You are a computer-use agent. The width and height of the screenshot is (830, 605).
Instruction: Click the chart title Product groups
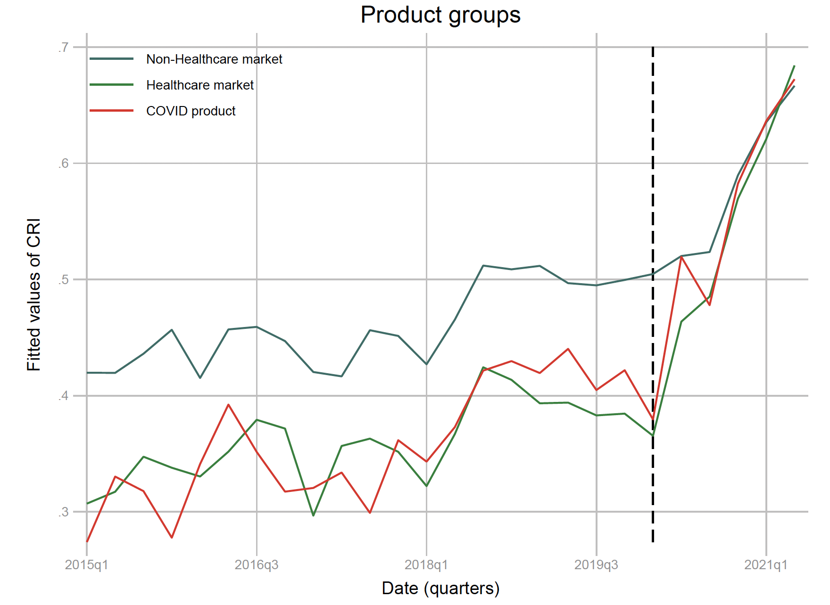coord(440,15)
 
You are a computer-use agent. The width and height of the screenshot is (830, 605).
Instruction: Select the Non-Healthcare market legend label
coord(214,59)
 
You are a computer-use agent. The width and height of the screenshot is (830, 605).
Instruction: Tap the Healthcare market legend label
coord(200,85)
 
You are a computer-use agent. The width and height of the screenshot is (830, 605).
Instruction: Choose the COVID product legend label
coord(191,111)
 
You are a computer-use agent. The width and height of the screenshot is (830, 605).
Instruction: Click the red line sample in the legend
coord(112,111)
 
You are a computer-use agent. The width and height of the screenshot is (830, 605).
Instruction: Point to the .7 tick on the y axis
coord(64,47)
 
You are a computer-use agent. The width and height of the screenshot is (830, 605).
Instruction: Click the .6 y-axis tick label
coord(64,164)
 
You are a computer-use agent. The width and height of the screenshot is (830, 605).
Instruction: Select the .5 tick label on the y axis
coord(64,279)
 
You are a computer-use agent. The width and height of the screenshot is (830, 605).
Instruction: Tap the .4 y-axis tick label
coord(64,396)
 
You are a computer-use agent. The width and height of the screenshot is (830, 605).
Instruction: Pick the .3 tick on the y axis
coord(64,512)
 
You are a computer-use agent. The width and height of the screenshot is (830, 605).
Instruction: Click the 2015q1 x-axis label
coord(87,565)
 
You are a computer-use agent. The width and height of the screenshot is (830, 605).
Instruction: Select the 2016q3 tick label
coord(257,565)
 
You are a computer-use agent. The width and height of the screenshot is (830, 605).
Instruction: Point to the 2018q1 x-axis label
coord(426,565)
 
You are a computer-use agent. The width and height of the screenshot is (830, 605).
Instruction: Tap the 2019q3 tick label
coord(596,565)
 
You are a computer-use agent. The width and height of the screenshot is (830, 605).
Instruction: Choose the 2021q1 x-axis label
coord(766,565)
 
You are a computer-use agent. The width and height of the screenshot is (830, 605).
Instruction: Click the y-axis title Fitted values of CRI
coord(34,294)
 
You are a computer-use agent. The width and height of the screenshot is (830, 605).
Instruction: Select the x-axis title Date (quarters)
coord(440,589)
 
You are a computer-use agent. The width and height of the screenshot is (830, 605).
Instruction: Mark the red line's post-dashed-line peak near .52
coord(681,256)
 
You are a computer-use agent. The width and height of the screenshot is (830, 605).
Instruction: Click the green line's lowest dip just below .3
coord(313,515)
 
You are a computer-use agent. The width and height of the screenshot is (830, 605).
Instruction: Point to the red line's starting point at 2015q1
coord(87,541)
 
